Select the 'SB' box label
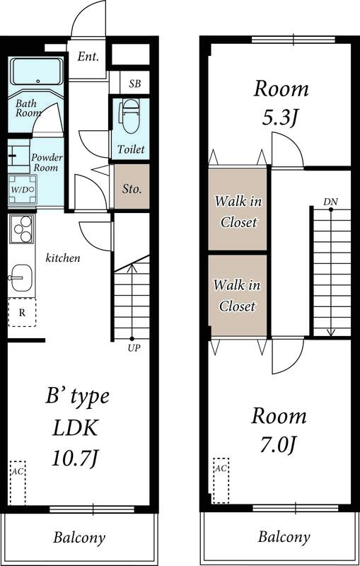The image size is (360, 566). pos(134,83)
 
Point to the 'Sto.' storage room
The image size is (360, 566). pos(132,189)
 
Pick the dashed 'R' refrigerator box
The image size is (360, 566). pos(22,311)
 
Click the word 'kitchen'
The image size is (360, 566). pos(63,258)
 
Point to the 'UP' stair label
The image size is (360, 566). pos(132,348)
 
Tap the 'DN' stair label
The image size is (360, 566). pos(330,202)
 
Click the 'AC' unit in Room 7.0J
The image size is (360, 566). pos(221,479)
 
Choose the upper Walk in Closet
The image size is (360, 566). pos(238,212)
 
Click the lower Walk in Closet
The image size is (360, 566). pos(238,296)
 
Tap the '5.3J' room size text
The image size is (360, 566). pos(281,117)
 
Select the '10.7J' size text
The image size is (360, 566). pos(74,458)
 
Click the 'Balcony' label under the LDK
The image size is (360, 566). pos(79,538)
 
